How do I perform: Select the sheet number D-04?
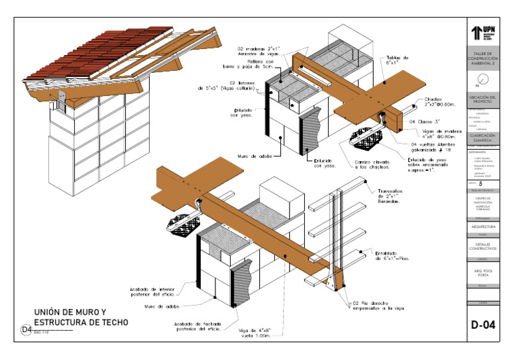point(482,325)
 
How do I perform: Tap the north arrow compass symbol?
point(483,80)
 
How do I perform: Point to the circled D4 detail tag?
point(26,330)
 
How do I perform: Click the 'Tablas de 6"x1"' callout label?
point(398,62)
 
